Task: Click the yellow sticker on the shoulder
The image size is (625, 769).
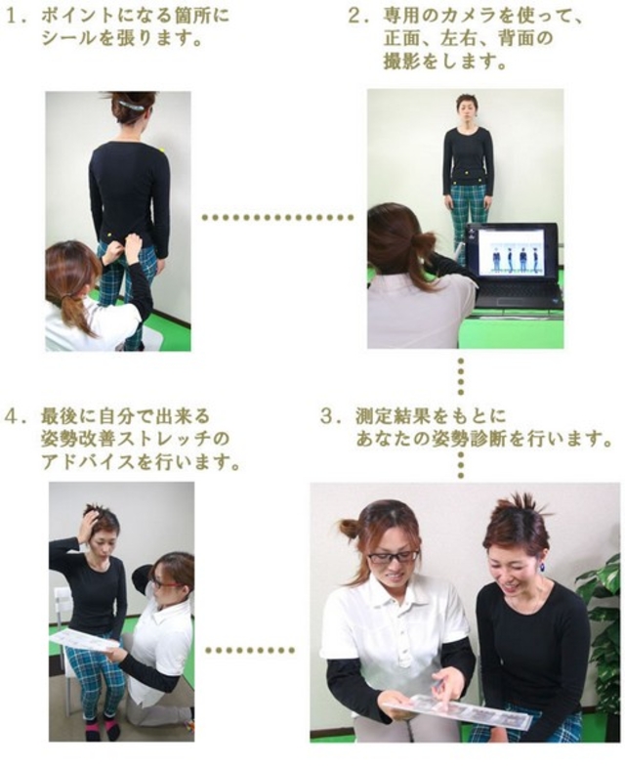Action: click(x=160, y=149)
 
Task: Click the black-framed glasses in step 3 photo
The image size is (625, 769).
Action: click(x=393, y=557)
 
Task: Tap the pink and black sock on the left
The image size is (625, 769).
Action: click(x=92, y=729)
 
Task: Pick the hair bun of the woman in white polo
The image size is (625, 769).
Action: click(x=350, y=528)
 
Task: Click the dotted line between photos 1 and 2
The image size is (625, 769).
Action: click(x=277, y=217)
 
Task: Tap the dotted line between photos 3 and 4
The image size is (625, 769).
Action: click(x=250, y=651)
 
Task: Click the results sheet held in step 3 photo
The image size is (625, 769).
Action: click(x=457, y=708)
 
